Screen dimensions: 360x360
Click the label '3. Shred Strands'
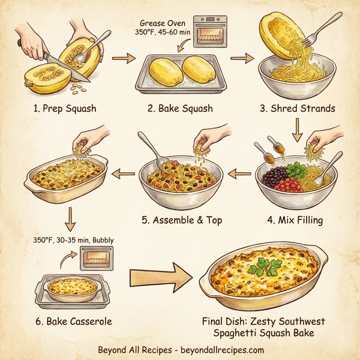pyautogui.click(x=297, y=109)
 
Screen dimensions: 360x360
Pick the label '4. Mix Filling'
pyautogui.click(x=295, y=220)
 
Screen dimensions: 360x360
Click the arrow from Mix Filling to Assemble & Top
pyautogui.click(x=240, y=175)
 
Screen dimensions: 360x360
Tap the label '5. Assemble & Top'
pyautogui.click(x=182, y=220)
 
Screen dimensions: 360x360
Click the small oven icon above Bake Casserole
pyautogui.click(x=96, y=259)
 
